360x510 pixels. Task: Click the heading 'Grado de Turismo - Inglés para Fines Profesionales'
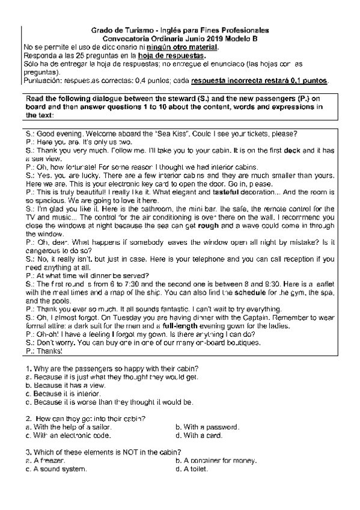[180, 30]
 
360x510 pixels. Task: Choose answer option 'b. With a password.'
[207, 427]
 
